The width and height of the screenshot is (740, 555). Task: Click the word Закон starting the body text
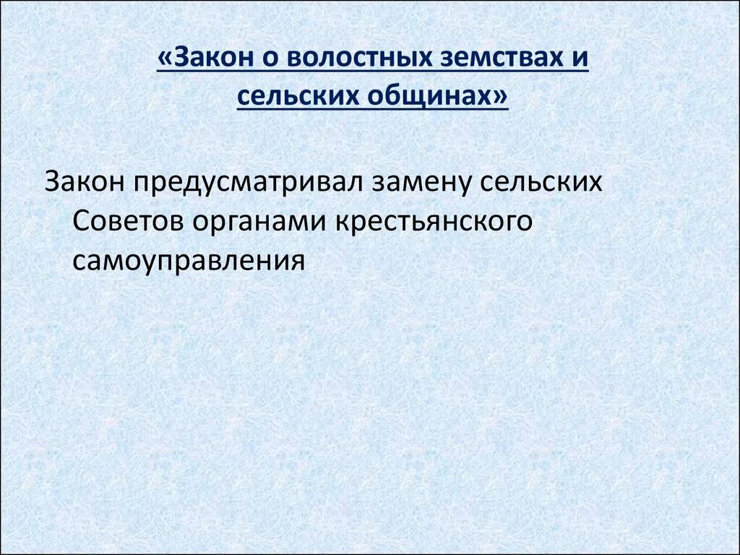click(x=84, y=181)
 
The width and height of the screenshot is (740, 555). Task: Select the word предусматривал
click(x=246, y=181)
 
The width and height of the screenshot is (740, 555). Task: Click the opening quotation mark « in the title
click(x=164, y=59)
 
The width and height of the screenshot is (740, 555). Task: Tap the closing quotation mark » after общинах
click(x=502, y=95)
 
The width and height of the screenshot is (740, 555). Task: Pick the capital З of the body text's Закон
click(x=52, y=181)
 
